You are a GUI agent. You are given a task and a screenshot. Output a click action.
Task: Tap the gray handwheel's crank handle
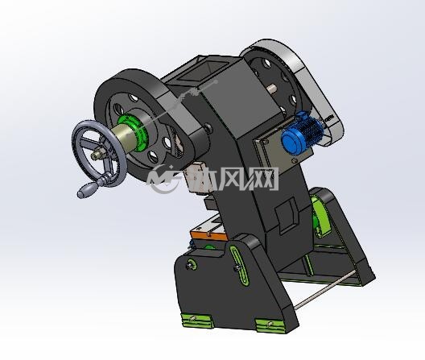[x=87, y=189]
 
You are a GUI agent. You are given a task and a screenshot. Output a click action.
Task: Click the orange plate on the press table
[x=208, y=235]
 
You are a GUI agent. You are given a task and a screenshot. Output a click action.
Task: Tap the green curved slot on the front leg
[x=239, y=265]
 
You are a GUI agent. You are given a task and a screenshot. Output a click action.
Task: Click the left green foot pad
[x=196, y=320]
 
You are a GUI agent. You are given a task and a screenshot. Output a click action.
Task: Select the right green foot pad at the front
[x=271, y=325]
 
